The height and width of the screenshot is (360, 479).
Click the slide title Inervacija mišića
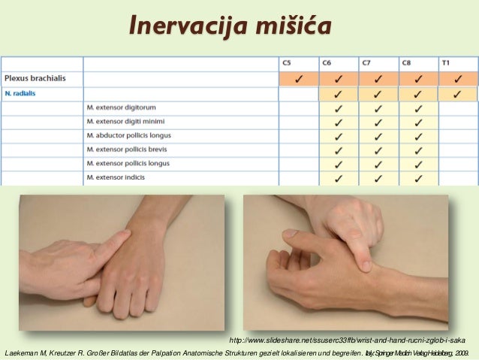coord(230,25)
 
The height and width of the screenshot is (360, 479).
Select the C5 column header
coord(287,64)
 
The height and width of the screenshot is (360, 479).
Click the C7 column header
coord(366,64)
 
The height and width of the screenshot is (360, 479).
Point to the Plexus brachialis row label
coord(34,77)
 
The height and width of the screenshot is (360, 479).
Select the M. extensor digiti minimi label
coord(125,122)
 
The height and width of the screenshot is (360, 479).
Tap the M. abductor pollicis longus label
coord(128,135)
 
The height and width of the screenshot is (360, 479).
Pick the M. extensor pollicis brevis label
coord(127,150)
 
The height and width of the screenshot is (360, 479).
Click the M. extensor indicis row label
coord(115,177)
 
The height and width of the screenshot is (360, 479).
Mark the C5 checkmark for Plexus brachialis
coord(299,78)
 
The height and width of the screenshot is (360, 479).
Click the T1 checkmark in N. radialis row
coord(457,94)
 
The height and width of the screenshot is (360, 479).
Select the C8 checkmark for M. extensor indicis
coord(417,178)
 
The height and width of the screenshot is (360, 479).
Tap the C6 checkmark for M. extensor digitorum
coord(339,108)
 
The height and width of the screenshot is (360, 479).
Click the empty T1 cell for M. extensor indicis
coord(457,178)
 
